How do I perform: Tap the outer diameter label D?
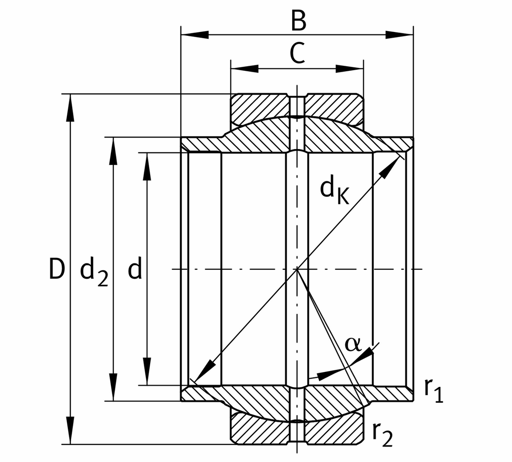(x=56, y=269)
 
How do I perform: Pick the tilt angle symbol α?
(x=353, y=344)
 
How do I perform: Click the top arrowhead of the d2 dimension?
(x=113, y=151)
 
